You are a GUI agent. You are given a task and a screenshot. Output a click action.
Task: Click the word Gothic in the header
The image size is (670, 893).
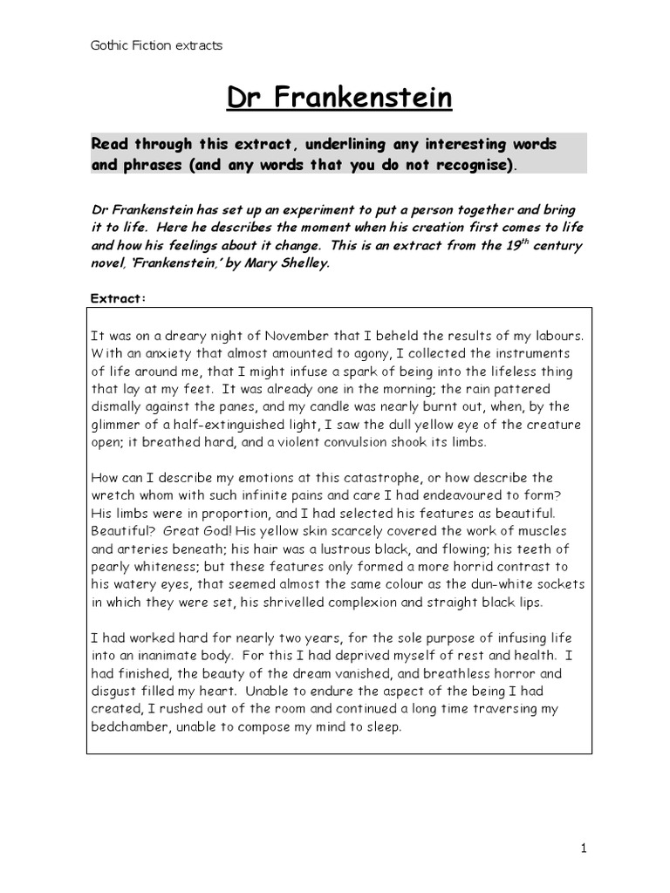click(109, 45)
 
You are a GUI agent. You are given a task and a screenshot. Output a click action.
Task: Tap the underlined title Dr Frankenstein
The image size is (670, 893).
click(339, 99)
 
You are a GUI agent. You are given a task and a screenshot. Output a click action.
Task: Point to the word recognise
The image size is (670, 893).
click(468, 165)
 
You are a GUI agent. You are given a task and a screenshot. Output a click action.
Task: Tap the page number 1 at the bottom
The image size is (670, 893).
click(582, 847)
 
